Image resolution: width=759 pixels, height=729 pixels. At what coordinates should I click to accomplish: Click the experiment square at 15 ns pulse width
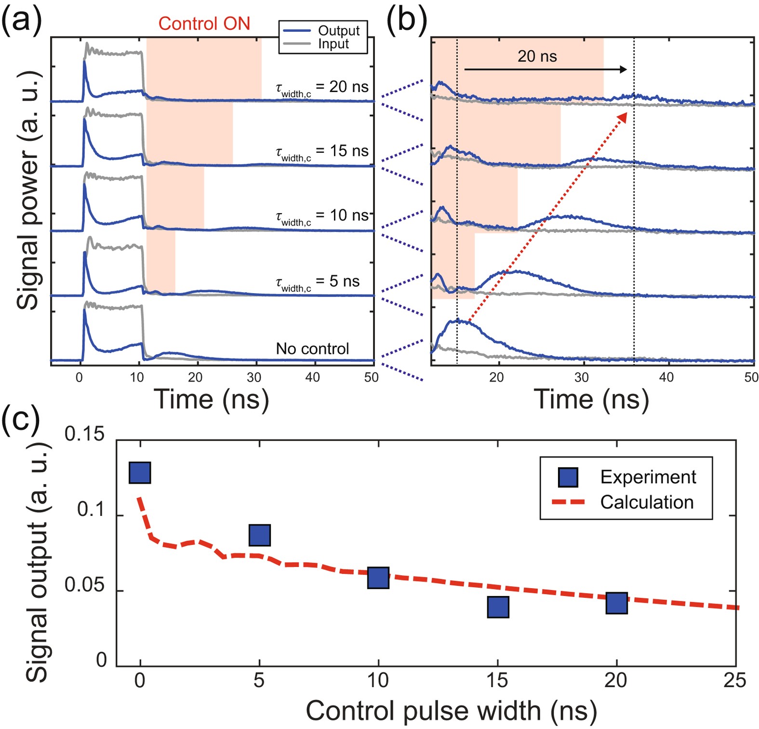click(x=498, y=607)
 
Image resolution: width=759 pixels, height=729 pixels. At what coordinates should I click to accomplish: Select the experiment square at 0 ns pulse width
click(x=140, y=472)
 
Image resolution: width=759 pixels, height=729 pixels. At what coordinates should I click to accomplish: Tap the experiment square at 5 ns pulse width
click(x=259, y=535)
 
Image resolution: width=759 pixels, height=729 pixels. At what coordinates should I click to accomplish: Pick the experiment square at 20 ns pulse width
click(x=616, y=603)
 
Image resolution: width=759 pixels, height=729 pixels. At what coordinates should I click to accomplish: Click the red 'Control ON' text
click(x=204, y=24)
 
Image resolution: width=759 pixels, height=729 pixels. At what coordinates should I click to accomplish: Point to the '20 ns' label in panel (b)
click(x=537, y=56)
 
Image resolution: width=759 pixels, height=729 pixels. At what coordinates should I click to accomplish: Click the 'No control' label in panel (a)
click(x=312, y=349)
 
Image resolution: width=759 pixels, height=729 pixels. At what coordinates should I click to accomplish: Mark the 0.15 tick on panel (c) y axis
click(x=84, y=434)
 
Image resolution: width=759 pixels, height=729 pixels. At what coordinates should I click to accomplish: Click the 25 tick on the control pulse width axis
click(x=734, y=680)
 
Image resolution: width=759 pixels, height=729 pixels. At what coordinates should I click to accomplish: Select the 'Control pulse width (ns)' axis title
click(x=451, y=710)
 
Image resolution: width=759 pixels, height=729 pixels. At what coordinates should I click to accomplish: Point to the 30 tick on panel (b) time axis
click(x=581, y=377)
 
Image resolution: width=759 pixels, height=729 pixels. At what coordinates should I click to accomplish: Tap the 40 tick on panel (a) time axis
click(x=312, y=377)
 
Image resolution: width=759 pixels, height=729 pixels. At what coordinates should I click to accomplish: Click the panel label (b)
click(x=406, y=22)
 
